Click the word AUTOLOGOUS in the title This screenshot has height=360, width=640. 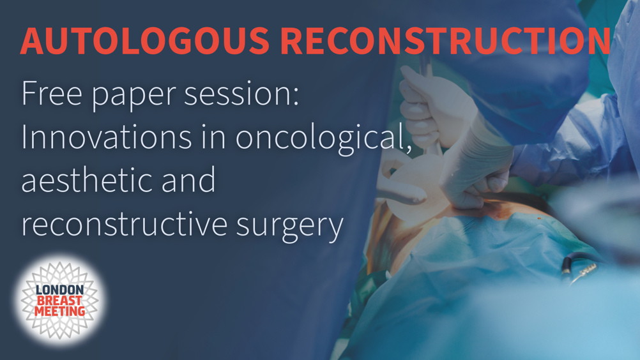tap(145, 41)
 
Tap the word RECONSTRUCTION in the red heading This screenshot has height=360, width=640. tap(446, 41)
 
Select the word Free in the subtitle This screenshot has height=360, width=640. tap(52, 93)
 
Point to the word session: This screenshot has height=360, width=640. tap(241, 93)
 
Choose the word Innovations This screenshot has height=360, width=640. tap(107, 137)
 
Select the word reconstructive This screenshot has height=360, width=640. tap(124, 223)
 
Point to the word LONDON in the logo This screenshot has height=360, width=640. tap(59, 290)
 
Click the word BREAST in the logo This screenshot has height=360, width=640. tap(59, 301)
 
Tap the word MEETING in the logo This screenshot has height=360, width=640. tap(59, 311)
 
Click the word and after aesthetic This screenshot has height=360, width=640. tap(188, 180)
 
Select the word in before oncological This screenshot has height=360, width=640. tap(213, 137)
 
